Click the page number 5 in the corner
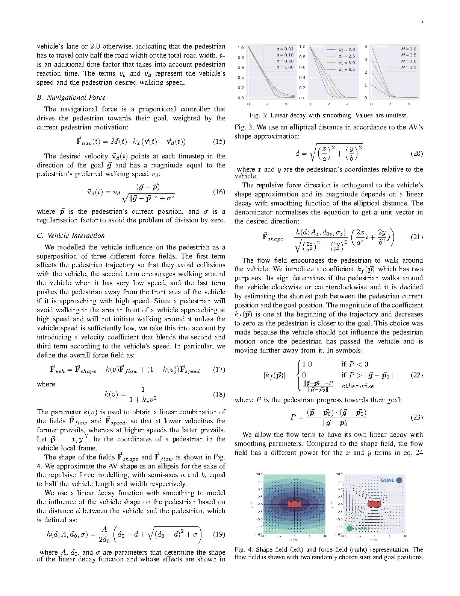(422, 22)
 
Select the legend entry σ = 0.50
(285, 61)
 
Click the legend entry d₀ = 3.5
(347, 69)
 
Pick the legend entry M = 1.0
(409, 49)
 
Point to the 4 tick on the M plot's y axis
(366, 47)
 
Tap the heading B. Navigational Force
(71, 97)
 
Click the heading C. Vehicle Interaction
(71, 236)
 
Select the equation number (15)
(219, 141)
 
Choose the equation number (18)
(219, 394)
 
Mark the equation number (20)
(416, 154)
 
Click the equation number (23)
(416, 417)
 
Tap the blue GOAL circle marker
(399, 480)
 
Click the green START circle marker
(350, 528)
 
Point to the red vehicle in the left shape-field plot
(294, 504)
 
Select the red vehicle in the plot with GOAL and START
(374, 504)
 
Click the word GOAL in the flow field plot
(387, 480)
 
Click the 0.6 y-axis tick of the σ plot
(241, 68)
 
